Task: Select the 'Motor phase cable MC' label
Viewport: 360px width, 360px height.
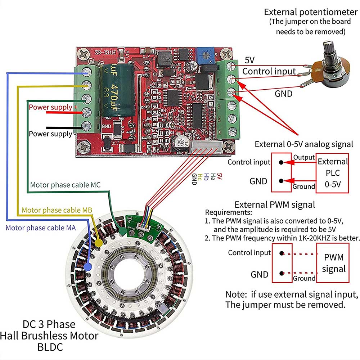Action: coord(65,185)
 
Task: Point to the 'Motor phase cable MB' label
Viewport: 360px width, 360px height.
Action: coord(57,210)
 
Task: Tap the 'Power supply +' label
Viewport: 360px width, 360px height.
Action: coord(53,107)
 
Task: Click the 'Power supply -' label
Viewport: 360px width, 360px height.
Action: coord(50,134)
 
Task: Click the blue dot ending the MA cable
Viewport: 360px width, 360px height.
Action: coord(87,266)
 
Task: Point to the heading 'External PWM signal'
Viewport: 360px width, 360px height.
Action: coord(275,205)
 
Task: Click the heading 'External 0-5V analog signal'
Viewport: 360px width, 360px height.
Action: coord(304,144)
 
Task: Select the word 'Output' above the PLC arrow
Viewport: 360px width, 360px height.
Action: coord(304,158)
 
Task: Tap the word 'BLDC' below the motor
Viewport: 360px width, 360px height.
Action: coord(50,347)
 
